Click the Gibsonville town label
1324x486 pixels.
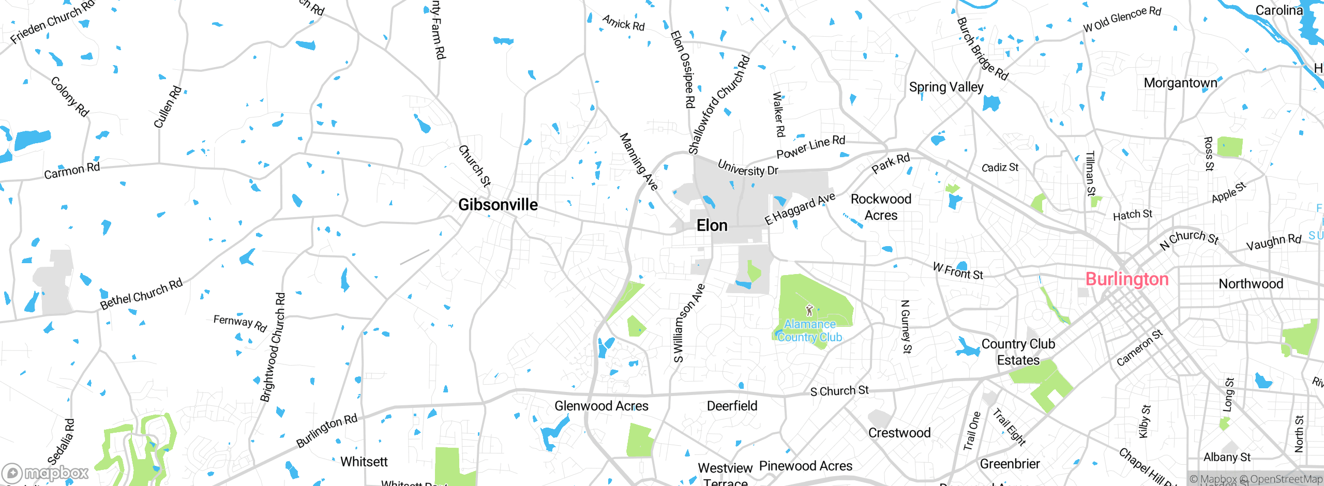[x=498, y=205]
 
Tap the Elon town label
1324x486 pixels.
[x=712, y=225]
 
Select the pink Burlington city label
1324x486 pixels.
[x=1126, y=279]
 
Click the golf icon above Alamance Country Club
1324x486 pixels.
[x=809, y=310]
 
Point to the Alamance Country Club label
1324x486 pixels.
[x=810, y=331]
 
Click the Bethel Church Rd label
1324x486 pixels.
[x=141, y=294]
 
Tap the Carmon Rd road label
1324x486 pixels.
[x=71, y=171]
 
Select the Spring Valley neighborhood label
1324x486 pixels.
[x=946, y=87]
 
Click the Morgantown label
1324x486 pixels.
[x=1180, y=83]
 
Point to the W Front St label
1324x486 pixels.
[x=958, y=271]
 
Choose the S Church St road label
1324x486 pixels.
[x=839, y=391]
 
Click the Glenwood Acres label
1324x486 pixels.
[x=601, y=406]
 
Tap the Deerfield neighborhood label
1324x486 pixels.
[x=732, y=406]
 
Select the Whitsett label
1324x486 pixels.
[x=364, y=462]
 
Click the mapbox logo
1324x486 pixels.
[x=46, y=473]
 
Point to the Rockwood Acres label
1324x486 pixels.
[x=881, y=207]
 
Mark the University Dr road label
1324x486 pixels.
[x=747, y=168]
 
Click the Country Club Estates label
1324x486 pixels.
[x=1018, y=352]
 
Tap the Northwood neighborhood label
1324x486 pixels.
[x=1251, y=284]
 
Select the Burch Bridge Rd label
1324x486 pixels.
[x=982, y=50]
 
